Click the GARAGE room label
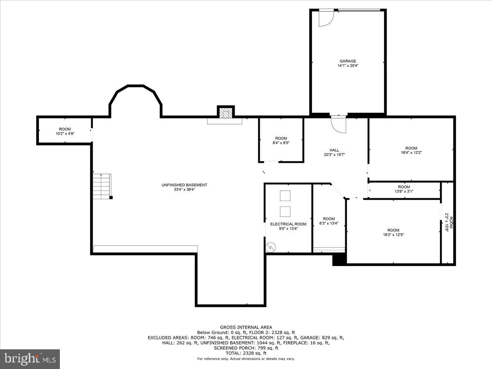pos(347,61)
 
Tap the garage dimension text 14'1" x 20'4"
pos(347,66)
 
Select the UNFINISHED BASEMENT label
pos(184,185)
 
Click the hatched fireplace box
pos(225,113)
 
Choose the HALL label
pos(334,150)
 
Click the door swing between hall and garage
pos(339,125)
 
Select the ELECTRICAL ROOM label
pos(288,224)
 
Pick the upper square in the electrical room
pos(285,196)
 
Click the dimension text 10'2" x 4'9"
pos(65,134)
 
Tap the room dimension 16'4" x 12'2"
pos(411,153)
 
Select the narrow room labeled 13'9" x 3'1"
pos(404,191)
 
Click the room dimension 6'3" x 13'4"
pos(329,223)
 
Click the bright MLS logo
pos(30,359)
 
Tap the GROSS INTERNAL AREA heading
pos(246,327)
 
